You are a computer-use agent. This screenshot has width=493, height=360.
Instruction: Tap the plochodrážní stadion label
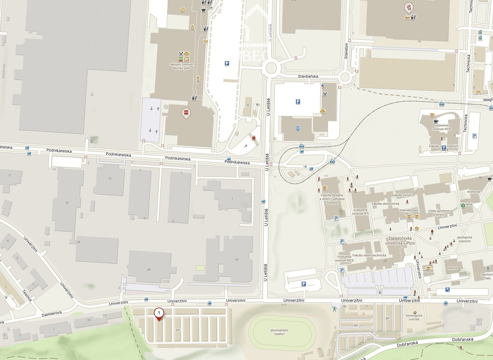coord(277,332)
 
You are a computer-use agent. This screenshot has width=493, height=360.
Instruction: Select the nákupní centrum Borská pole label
coord(181,66)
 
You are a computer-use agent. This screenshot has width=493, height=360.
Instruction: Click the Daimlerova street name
coord(52,313)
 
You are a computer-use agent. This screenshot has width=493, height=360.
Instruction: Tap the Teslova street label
coord(27,295)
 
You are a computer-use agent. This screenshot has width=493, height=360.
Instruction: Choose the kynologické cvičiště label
coord(414,317)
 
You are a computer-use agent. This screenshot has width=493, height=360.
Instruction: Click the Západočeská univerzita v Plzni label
coord(400,241)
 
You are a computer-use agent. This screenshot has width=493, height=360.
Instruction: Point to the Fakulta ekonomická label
coord(385,204)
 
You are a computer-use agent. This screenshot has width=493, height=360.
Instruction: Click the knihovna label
coord(473,192)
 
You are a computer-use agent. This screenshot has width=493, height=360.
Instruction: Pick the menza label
coord(452,268)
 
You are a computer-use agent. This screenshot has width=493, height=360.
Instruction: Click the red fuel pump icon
coord(254,138)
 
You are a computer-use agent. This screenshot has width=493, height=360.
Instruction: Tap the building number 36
coord(149,270)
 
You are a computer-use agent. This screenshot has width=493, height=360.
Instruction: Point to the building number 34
coord(236,259)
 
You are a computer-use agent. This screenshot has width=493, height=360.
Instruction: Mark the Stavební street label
coord(346,51)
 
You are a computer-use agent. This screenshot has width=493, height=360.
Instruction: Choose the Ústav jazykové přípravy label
coord(439,213)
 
